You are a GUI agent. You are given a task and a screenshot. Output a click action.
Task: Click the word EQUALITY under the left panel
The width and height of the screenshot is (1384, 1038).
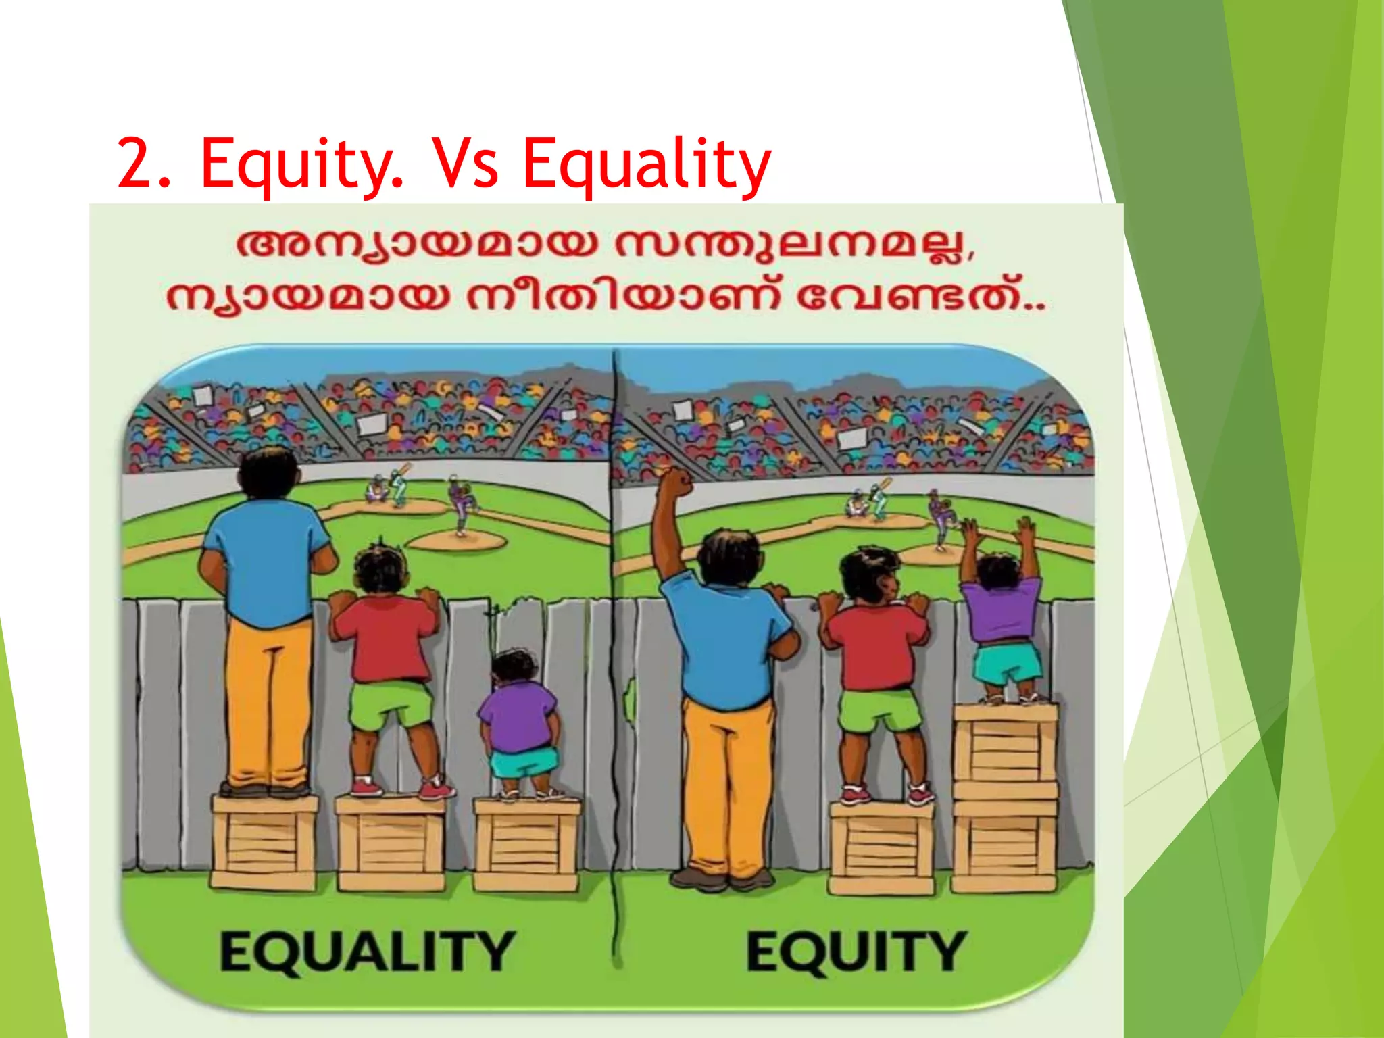367,950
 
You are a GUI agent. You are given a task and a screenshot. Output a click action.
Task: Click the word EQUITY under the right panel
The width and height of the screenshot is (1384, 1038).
856,950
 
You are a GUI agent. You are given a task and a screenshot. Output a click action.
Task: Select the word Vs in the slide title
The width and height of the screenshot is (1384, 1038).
466,164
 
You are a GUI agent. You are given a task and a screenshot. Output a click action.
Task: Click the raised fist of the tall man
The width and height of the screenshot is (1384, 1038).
674,483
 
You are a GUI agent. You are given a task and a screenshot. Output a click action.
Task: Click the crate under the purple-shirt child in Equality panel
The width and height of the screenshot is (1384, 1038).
526,845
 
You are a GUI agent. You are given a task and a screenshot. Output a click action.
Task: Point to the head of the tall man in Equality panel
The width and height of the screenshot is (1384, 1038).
269,474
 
